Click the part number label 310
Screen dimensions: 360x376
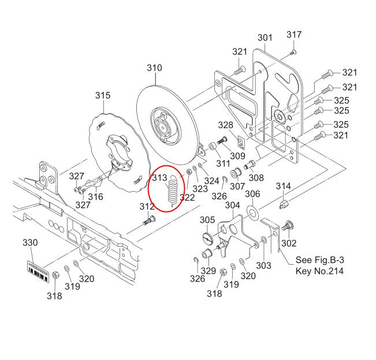154,68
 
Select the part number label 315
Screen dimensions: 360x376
103,95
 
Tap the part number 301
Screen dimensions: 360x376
265,38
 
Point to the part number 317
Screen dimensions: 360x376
294,35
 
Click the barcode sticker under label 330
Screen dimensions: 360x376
39,270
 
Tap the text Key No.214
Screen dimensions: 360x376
319,270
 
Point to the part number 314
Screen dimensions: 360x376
283,186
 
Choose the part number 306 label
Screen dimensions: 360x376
252,194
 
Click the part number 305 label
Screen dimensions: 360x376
207,220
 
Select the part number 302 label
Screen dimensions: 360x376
288,243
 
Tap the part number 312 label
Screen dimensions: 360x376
147,207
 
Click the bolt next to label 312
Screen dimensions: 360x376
150,220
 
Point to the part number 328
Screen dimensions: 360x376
225,125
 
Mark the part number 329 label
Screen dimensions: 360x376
209,272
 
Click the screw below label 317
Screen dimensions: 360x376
293,52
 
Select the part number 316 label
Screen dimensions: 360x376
95,197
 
